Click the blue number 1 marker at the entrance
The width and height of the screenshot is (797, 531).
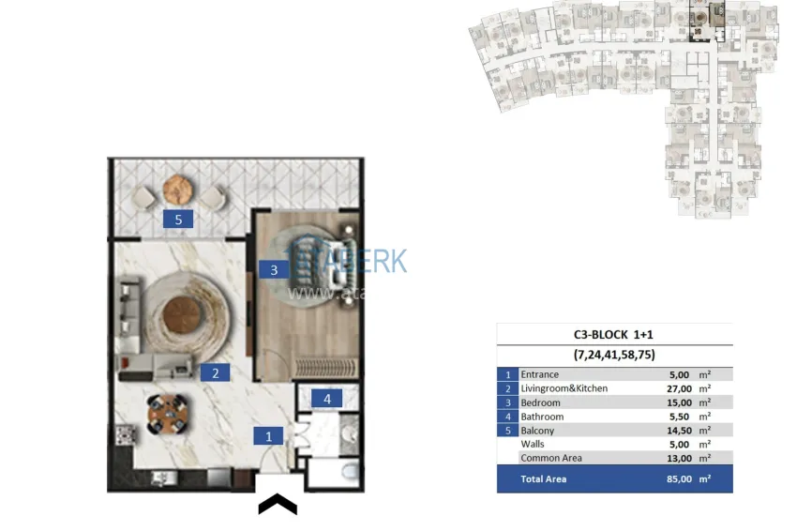(268, 436)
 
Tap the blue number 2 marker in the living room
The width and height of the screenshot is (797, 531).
(215, 372)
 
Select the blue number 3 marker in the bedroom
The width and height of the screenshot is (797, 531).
(274, 270)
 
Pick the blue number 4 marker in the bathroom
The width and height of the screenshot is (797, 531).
(327, 399)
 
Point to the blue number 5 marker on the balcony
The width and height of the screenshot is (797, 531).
(177, 220)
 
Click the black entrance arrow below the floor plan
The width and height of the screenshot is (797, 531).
(278, 505)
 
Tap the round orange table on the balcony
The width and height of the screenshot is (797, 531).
(178, 190)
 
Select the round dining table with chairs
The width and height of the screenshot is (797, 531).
(167, 414)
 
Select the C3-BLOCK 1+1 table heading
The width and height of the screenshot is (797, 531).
(614, 334)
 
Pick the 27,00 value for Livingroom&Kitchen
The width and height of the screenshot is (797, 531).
(679, 388)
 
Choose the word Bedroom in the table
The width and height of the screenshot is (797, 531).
(542, 402)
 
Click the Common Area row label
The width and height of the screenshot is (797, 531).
(551, 458)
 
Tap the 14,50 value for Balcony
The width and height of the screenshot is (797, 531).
(679, 431)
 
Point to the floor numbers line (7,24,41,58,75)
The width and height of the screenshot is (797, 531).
(614, 355)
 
